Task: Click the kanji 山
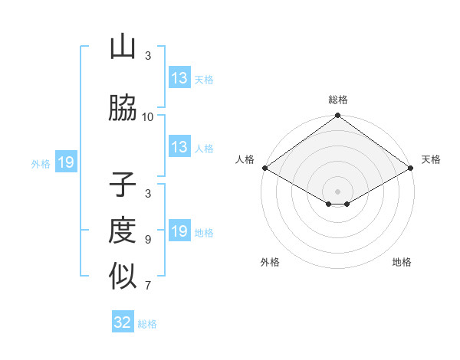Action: (123, 47)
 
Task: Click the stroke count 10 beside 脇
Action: (148, 117)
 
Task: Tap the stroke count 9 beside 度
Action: (148, 240)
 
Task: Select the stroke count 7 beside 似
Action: (148, 286)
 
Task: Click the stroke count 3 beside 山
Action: (148, 56)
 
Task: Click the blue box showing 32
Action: (123, 322)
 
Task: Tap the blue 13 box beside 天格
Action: (179, 78)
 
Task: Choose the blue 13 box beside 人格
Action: (179, 147)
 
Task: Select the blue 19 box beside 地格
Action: (179, 231)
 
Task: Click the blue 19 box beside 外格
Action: (65, 162)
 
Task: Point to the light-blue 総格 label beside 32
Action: (147, 324)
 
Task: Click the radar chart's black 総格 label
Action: (337, 100)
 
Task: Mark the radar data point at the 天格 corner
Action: (412, 168)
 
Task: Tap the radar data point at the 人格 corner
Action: (264, 168)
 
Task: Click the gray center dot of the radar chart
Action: (337, 191)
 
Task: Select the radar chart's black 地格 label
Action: (402, 263)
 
